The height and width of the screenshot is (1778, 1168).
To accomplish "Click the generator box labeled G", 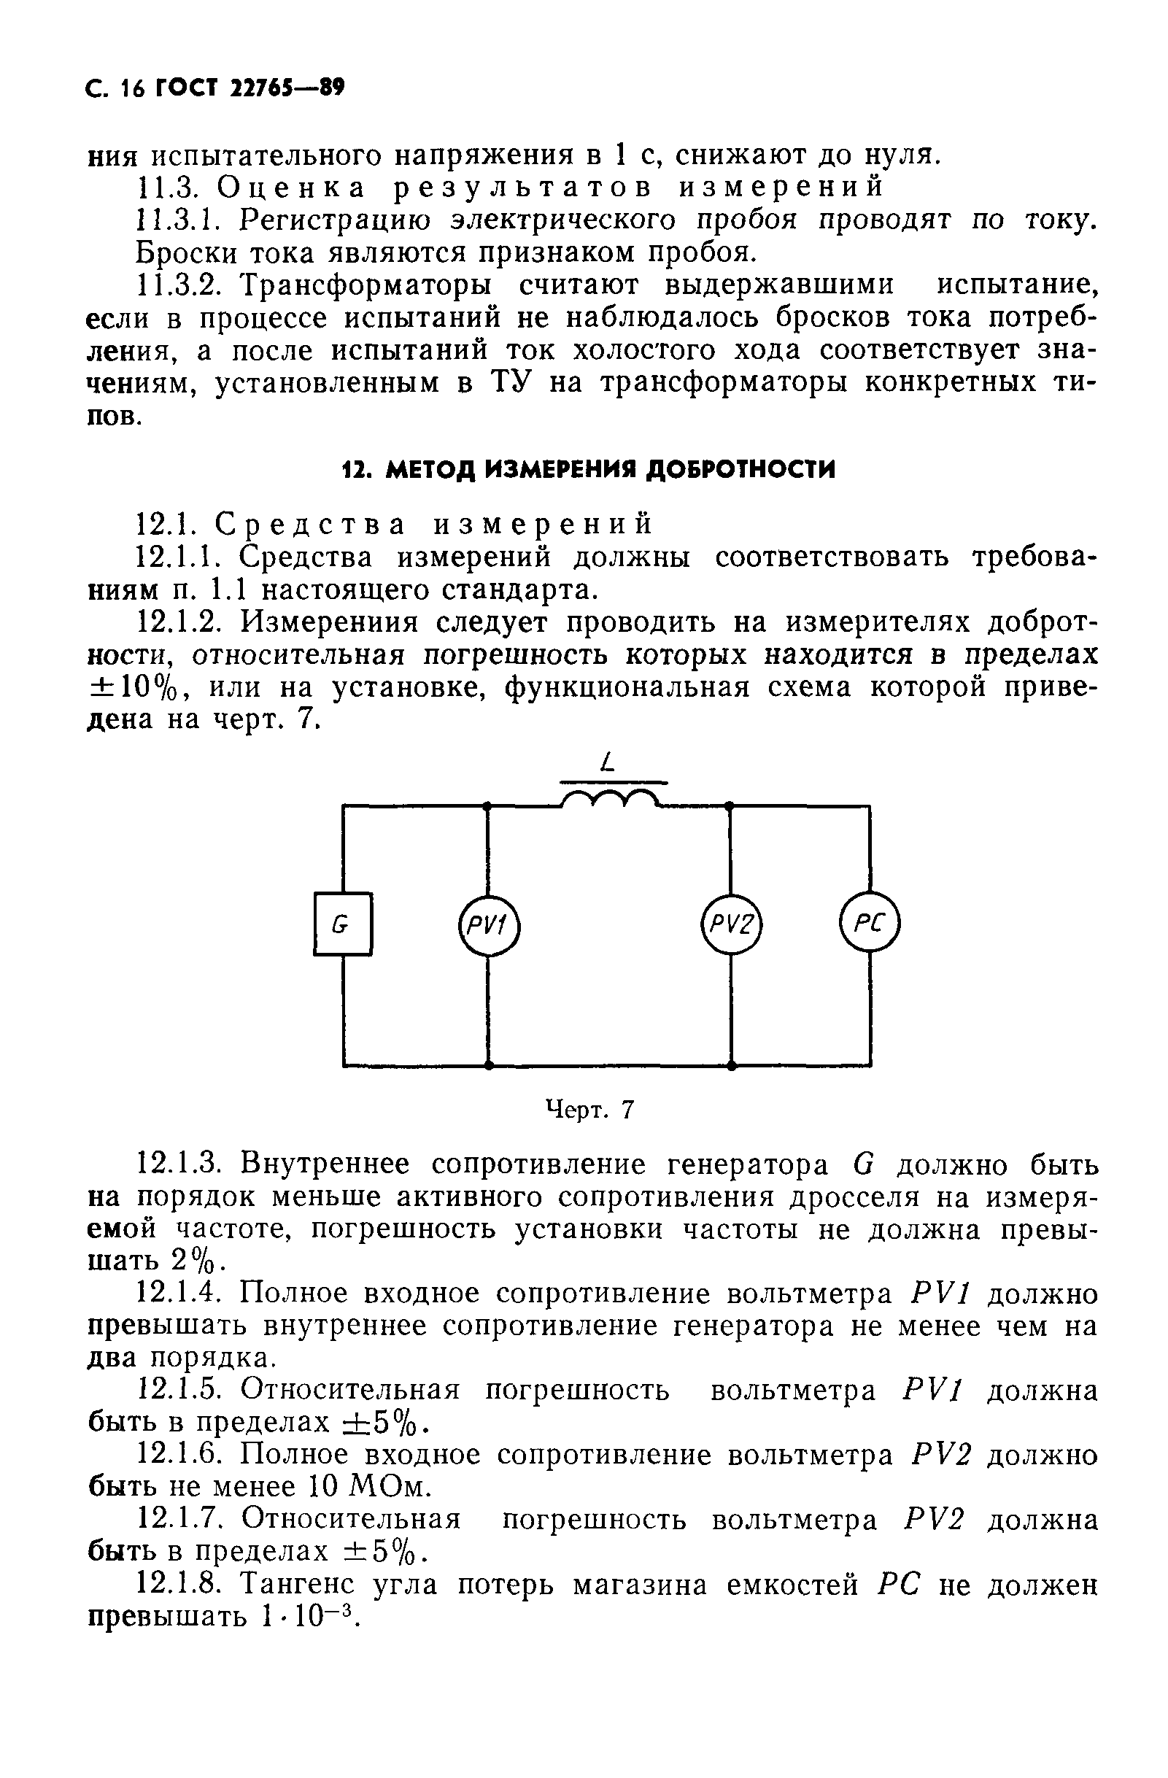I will [x=342, y=924].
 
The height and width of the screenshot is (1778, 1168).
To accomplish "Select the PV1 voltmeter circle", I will [x=487, y=927].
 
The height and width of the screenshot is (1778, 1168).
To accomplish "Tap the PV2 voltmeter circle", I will [x=731, y=927].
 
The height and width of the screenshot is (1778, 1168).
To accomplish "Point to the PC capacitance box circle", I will [x=870, y=924].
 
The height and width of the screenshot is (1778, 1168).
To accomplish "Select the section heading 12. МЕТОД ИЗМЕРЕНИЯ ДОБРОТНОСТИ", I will [x=589, y=469].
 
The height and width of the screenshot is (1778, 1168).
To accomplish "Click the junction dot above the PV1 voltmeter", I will [x=487, y=805].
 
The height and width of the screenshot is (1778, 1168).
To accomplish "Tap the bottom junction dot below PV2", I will [x=731, y=1066].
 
